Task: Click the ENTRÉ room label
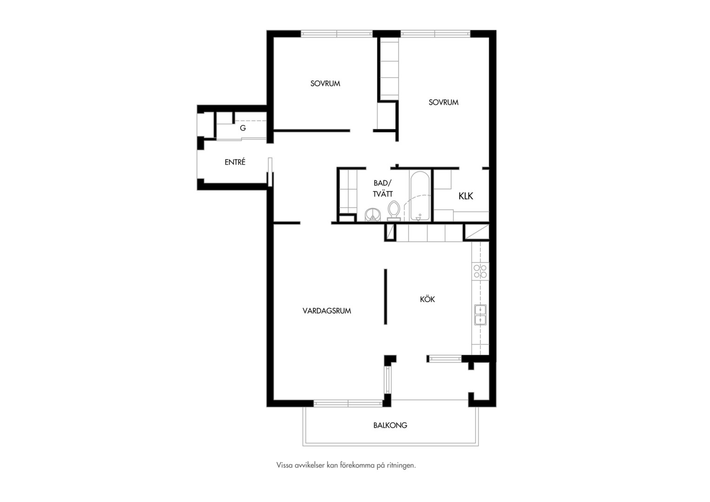tap(235, 162)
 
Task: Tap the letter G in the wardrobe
tap(243, 128)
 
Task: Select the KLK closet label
tap(466, 196)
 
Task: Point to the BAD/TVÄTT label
tap(382, 188)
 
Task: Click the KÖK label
tap(427, 299)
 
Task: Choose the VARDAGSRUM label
tap(327, 311)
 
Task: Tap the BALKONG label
tap(390, 425)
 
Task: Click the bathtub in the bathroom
tap(420, 196)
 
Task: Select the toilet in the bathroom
tap(394, 211)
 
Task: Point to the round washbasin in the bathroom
tap(373, 215)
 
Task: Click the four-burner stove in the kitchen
tap(480, 271)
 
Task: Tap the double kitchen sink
tap(480, 315)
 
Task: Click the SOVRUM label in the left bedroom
tap(325, 83)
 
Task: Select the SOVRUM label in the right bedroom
tap(443, 102)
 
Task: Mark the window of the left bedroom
tap(336, 33)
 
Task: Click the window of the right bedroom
tap(435, 33)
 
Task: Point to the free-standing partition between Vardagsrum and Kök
tap(385, 297)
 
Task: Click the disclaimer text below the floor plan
tap(346, 465)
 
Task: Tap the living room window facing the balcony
tap(348, 403)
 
